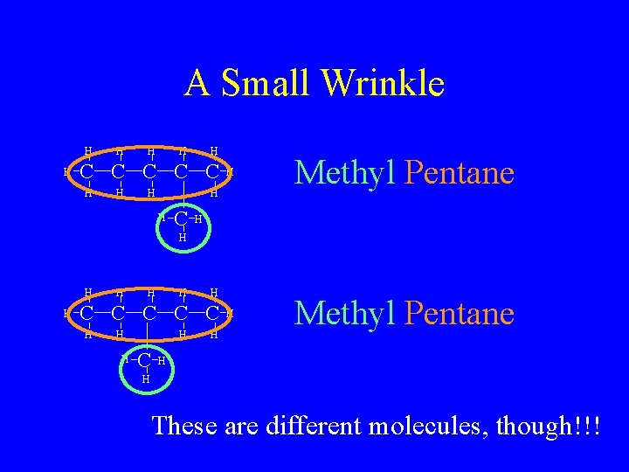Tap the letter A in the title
tap(197, 84)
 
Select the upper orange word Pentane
tap(460, 173)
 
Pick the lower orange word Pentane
tap(460, 313)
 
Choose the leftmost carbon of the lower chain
tap(87, 313)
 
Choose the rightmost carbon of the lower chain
tap(212, 313)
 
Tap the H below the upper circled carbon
tap(182, 238)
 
